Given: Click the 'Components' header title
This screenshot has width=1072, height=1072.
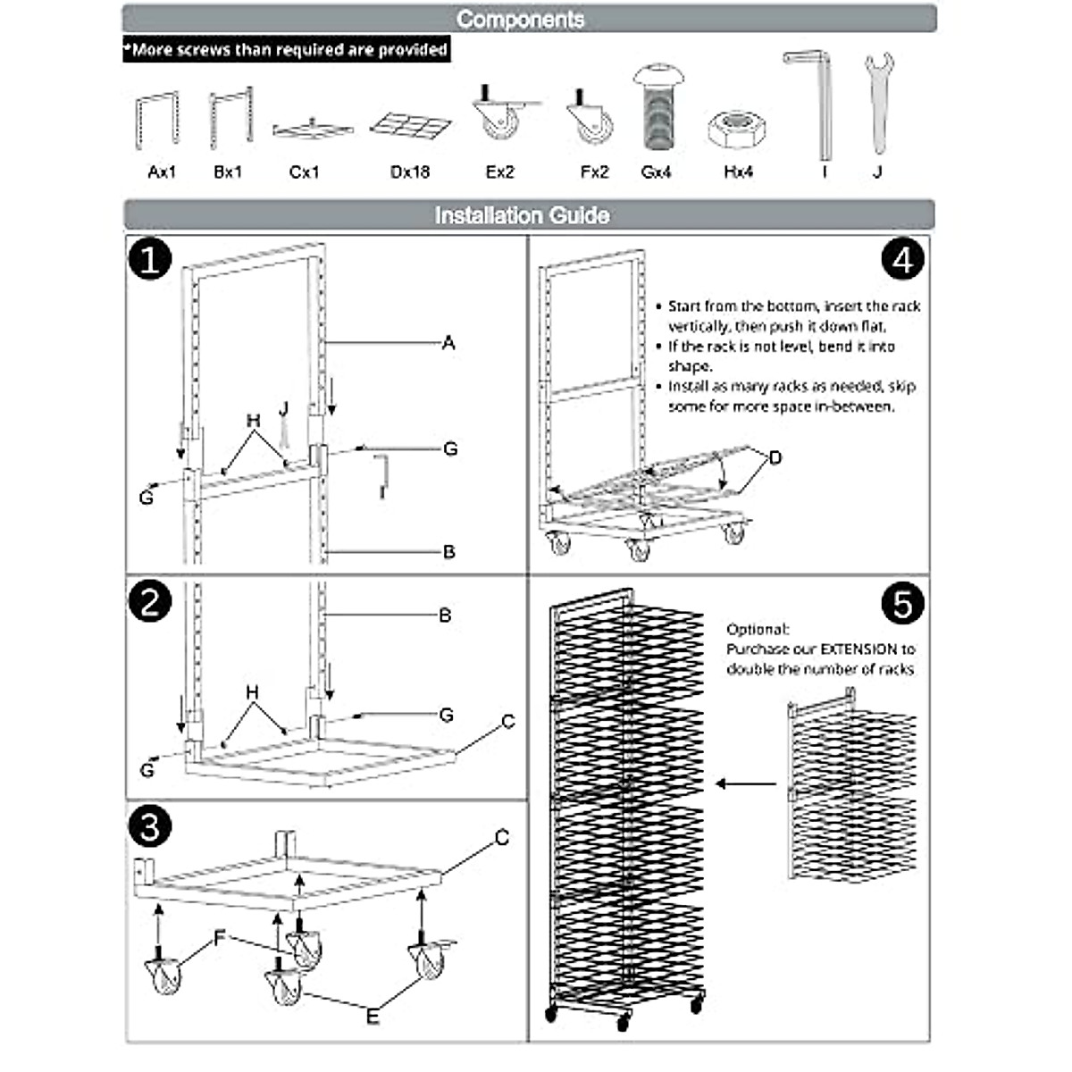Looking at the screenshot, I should pos(521,20).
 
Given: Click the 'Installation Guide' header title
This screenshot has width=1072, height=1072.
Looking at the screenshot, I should pos(522,215).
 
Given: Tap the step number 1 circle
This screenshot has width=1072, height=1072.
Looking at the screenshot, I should pos(149,260).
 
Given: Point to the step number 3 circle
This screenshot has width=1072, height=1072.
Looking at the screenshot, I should pos(149,826).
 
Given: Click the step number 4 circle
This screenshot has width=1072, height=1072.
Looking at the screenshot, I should pos(902,260).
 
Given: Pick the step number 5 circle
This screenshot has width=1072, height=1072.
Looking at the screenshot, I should pos(902,604).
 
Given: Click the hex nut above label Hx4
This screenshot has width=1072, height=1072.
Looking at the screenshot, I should pos(737,130).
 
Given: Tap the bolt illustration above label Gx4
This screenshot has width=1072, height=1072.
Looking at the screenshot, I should pos(657,107).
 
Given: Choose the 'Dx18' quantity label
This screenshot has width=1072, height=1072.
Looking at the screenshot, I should pos(410,172).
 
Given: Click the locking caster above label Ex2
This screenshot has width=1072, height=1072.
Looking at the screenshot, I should pos(501,116).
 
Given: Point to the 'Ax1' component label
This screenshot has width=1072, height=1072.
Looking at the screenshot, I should pos(162,172).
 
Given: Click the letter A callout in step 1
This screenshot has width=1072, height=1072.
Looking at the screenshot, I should pos(448,343).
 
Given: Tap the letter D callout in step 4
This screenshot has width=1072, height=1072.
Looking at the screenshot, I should pos(775,457).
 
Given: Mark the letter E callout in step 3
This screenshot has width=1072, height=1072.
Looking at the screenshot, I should pos(373,1016).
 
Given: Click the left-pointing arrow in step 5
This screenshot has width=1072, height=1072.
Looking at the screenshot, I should pos(746,784).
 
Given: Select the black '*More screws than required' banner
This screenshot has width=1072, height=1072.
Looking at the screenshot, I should pos(286,49).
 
